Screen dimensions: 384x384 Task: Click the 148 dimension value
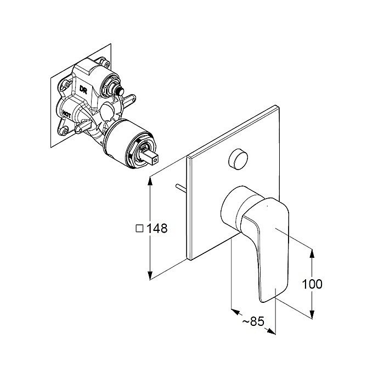[157, 228]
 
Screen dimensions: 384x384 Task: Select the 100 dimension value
[312, 284]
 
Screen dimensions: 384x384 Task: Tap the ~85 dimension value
[253, 321]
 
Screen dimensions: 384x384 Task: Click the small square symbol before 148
[139, 229]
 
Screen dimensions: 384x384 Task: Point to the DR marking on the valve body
[83, 89]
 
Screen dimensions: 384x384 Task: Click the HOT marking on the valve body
[66, 114]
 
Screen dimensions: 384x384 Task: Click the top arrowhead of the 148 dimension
[150, 180]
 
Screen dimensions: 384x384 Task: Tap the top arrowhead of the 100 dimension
[312, 253]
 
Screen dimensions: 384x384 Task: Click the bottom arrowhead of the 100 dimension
[312, 314]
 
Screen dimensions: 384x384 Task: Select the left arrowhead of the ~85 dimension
[235, 312]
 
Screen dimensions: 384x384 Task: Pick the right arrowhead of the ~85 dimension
[272, 331]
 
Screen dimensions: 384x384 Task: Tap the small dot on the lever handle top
[267, 206]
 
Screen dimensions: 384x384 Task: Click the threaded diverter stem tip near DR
[121, 92]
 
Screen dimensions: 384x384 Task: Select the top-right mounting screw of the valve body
[106, 64]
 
